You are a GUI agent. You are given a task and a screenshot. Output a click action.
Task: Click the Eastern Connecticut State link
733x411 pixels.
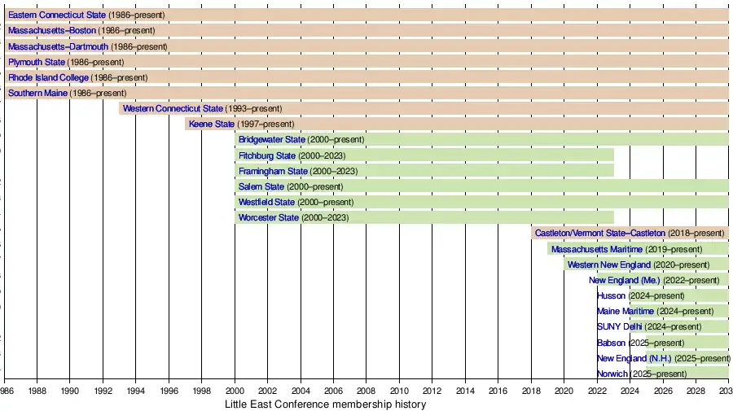(55, 15)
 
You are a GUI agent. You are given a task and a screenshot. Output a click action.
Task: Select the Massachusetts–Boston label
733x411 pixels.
(51, 31)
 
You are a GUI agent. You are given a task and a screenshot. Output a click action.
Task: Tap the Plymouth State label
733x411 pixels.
(37, 62)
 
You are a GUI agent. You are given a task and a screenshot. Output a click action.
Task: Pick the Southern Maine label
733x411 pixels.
(38, 93)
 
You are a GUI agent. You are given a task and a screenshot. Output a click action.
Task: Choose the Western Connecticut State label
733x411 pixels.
(173, 108)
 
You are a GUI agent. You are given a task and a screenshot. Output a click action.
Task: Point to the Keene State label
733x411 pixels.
(211, 124)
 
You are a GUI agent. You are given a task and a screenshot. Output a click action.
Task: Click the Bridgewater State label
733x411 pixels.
(271, 140)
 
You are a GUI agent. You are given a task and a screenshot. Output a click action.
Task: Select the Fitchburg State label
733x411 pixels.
(267, 155)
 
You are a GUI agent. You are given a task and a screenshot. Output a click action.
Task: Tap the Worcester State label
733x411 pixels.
(269, 218)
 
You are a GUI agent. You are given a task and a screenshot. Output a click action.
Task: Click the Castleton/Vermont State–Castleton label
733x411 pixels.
(599, 234)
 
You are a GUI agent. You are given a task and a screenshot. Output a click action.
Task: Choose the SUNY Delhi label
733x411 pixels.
(620, 326)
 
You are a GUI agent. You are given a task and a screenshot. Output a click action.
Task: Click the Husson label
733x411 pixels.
(612, 295)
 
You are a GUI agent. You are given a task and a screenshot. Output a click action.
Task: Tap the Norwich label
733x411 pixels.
(612, 374)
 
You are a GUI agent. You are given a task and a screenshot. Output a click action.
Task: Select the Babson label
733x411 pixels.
(612, 343)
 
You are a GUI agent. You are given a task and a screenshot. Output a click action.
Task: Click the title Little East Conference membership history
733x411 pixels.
(325, 404)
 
